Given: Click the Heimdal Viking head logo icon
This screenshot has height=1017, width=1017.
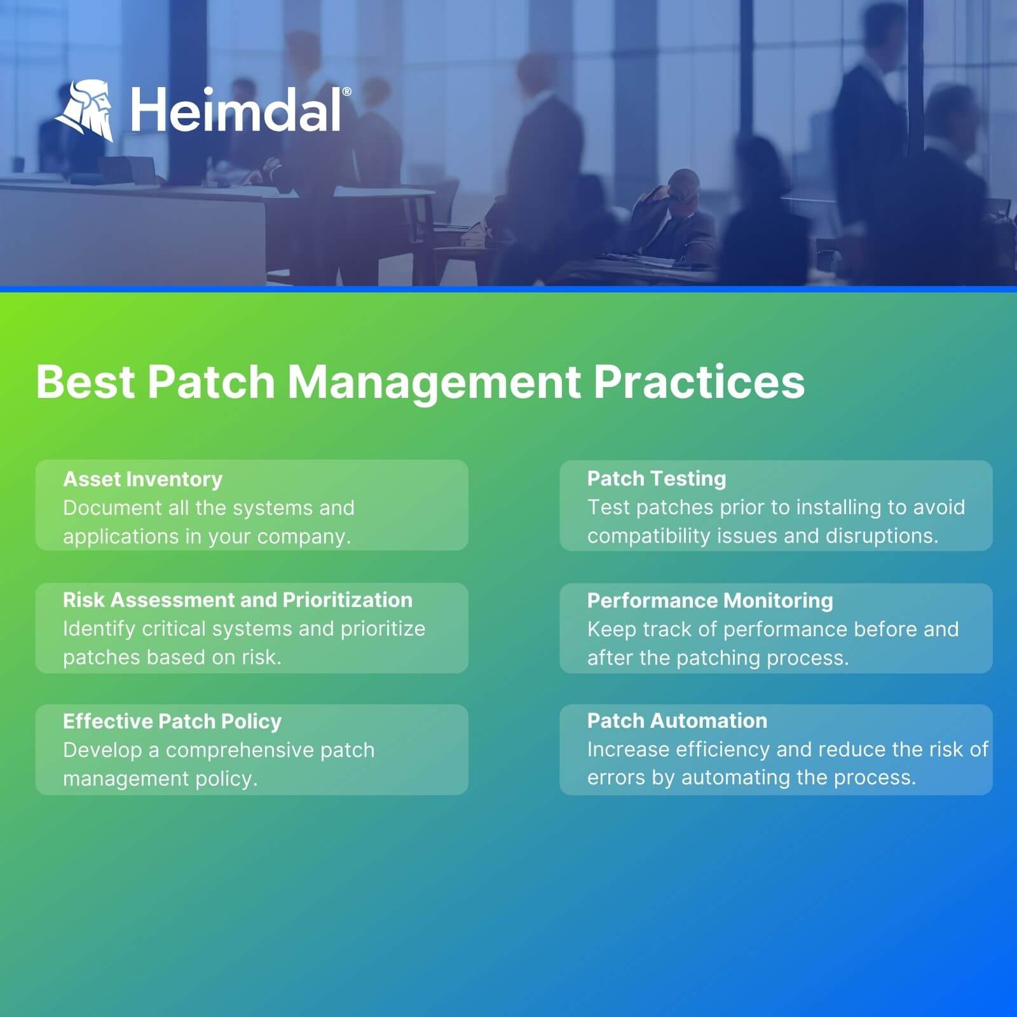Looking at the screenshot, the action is coord(85,110).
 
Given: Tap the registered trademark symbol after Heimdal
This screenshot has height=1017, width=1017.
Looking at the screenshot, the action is coord(346,92).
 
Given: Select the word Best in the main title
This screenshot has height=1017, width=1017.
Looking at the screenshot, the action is coord(86,382).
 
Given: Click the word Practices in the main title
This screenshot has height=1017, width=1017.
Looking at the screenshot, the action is coord(699,382).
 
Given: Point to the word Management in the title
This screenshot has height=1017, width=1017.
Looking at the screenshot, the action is coord(434,383).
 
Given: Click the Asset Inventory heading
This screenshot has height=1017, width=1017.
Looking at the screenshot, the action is coord(143,479).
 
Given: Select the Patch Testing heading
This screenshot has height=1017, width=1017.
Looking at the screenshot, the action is coord(657,479).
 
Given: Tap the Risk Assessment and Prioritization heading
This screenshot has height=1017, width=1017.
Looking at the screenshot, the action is coord(238,600).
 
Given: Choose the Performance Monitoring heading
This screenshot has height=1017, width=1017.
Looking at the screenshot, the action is coord(710,601).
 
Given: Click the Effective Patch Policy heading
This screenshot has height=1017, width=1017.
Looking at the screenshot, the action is coord(172,721).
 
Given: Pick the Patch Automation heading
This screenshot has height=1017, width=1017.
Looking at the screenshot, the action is coord(677,721).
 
